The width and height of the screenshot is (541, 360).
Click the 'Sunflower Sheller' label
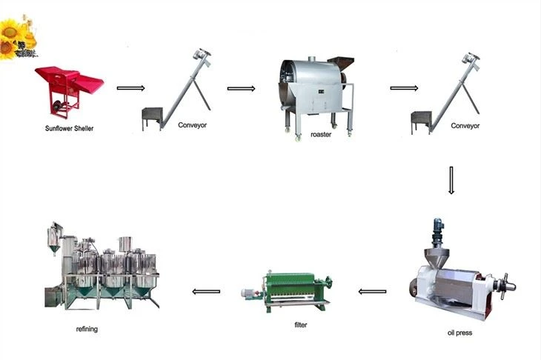(x=70, y=128)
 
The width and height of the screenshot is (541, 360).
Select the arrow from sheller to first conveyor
(x=130, y=88)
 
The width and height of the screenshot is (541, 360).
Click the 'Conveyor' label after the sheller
(x=192, y=125)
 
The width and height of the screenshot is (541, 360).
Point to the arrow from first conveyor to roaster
(x=241, y=89)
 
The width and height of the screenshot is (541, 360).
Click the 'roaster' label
(x=321, y=135)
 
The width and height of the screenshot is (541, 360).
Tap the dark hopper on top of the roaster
(x=341, y=63)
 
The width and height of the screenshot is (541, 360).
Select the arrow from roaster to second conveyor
(x=404, y=88)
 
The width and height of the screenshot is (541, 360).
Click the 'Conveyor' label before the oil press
(x=465, y=125)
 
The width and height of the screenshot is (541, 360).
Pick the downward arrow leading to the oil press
(x=451, y=180)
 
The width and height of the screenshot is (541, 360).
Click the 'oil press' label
(x=459, y=333)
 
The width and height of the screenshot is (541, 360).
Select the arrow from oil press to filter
(x=372, y=292)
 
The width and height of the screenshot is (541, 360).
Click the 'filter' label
(x=301, y=324)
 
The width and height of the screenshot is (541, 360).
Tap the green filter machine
(x=287, y=292)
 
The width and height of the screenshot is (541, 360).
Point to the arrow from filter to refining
(x=206, y=292)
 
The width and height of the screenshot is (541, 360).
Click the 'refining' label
(x=87, y=329)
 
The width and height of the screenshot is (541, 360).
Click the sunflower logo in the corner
(x=18, y=37)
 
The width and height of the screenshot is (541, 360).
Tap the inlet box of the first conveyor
(x=152, y=114)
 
